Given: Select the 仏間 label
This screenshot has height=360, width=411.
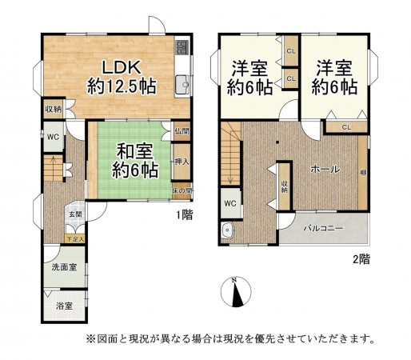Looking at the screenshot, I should coord(182,131).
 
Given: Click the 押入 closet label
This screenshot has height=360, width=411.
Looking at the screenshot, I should coord(182,162).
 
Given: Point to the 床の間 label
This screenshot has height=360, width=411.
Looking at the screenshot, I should coord(182,191).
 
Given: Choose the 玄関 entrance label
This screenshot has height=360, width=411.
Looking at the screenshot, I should coord(74,214).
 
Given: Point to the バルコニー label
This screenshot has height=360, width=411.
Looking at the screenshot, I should coord(323,229).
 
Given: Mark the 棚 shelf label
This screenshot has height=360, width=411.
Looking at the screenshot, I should coord(363,172).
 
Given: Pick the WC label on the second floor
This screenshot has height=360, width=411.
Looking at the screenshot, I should coord(229,203).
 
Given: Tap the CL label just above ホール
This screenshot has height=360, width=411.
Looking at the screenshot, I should coord(345,126).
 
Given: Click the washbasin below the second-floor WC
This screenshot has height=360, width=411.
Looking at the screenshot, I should coord(227,232).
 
